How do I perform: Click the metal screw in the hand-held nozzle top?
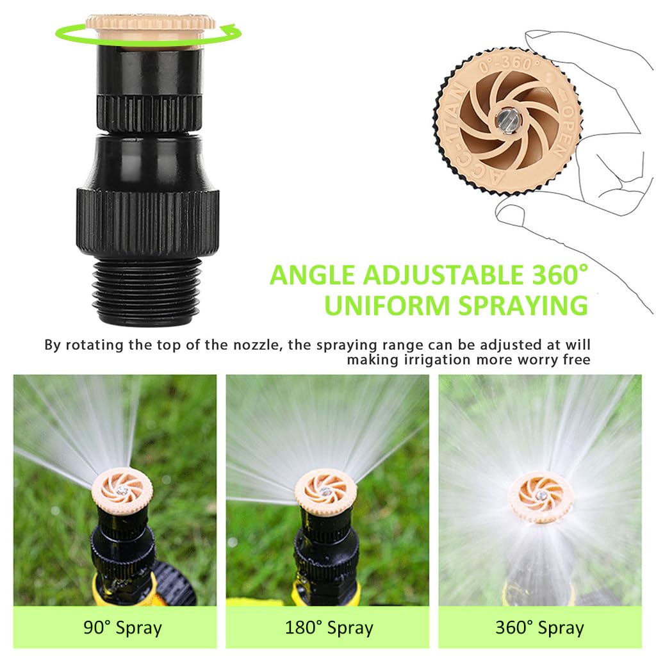[505, 119]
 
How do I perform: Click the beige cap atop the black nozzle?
[149, 26]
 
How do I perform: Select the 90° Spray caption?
[122, 627]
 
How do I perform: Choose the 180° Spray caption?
[328, 627]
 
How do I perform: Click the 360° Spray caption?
[539, 627]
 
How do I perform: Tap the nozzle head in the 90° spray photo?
[122, 493]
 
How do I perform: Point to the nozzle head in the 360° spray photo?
[541, 496]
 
